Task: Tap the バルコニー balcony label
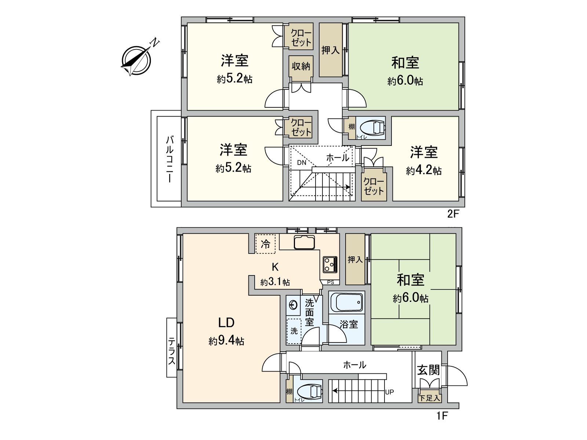tap(169, 159)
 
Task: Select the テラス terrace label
tap(171, 351)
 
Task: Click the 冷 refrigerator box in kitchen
tap(265, 244)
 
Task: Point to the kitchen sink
tap(304, 242)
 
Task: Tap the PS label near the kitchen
tap(330, 282)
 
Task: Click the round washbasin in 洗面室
tap(293, 305)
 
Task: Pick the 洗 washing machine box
tap(294, 331)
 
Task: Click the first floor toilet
tap(309, 391)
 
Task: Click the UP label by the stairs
tap(389, 392)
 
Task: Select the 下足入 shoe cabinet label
tap(429, 397)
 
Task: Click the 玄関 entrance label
tap(428, 370)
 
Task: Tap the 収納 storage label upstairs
tap(301, 66)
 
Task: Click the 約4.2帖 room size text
tap(424, 170)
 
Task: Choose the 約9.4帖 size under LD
tap(226, 341)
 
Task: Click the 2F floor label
tap(453, 214)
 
